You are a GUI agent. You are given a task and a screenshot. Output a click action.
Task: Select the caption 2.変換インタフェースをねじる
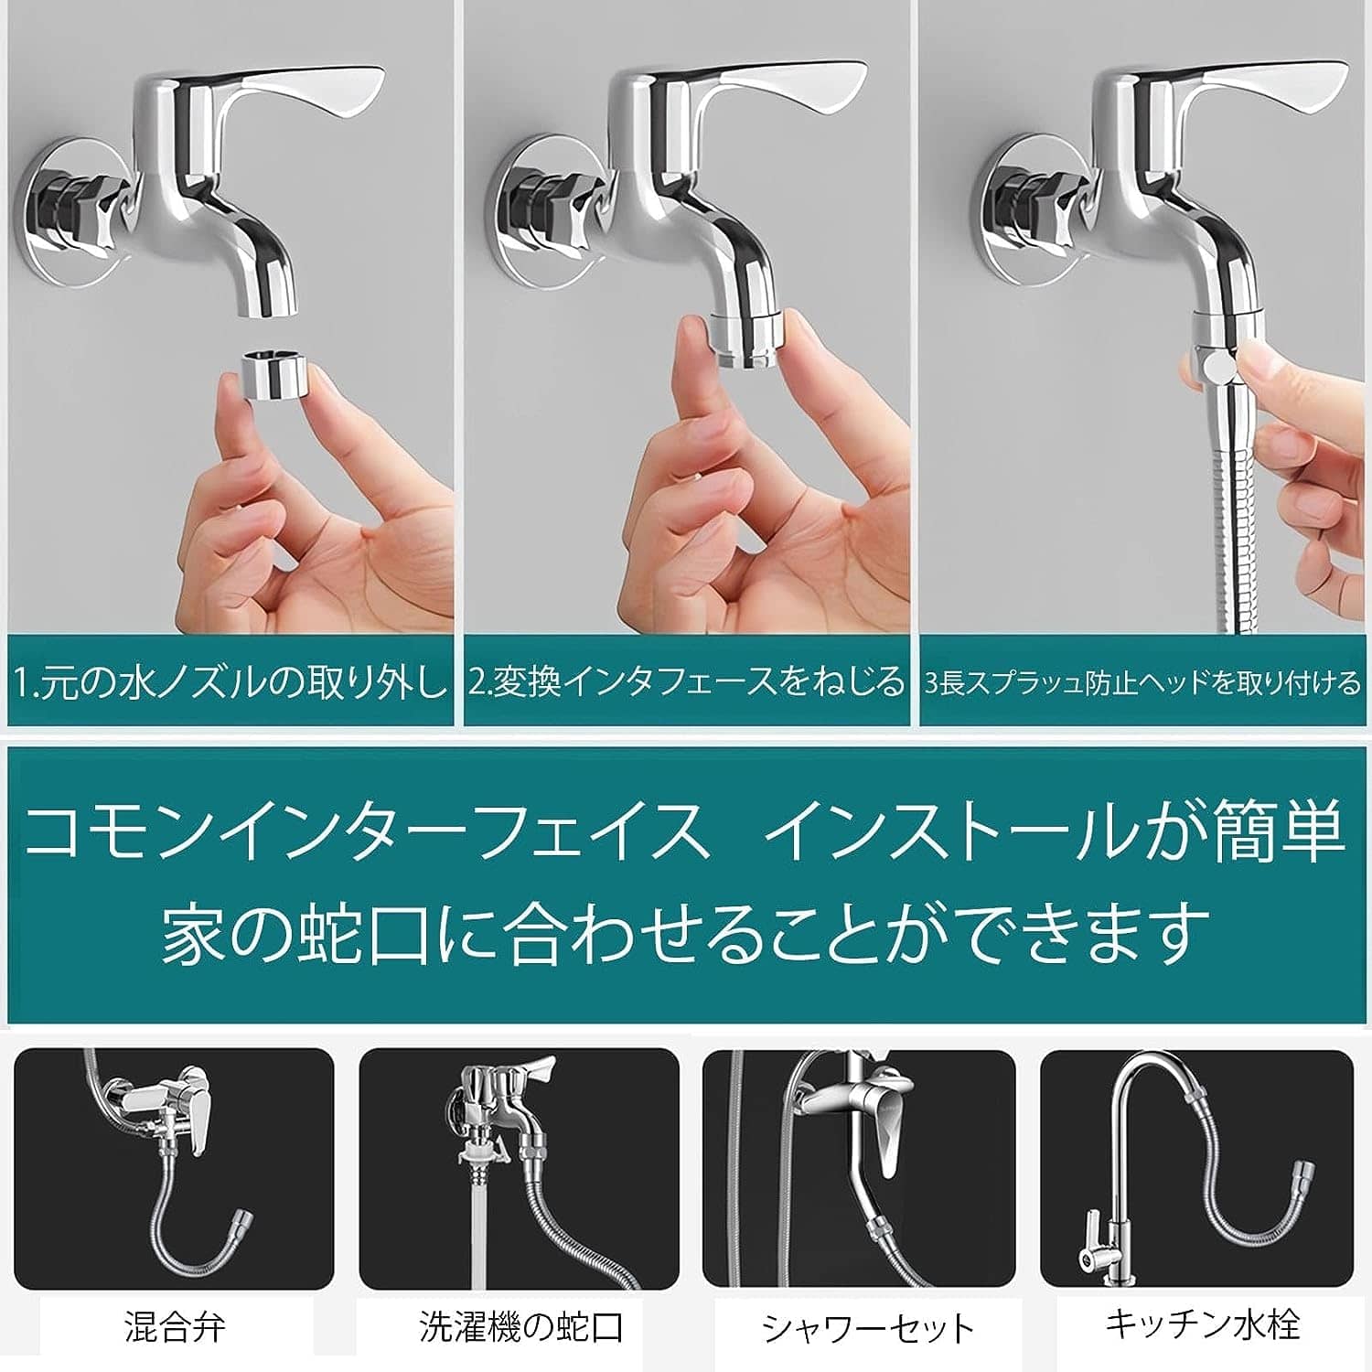(x=686, y=682)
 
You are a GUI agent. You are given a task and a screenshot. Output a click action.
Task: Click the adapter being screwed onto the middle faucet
(x=746, y=340)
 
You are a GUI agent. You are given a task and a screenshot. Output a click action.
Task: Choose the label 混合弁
(x=175, y=1326)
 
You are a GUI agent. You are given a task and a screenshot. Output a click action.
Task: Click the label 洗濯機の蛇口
(x=521, y=1326)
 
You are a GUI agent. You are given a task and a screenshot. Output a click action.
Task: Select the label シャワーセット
(x=868, y=1328)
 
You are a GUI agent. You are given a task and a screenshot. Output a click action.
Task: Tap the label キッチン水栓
(x=1202, y=1324)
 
